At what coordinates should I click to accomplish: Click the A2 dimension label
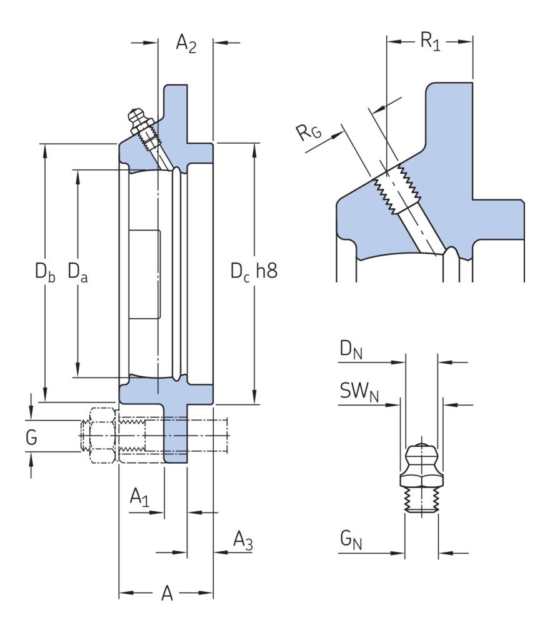point(186,43)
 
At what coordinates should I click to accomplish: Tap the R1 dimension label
point(429,42)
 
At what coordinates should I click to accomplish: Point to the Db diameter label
point(44,272)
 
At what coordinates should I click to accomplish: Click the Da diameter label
point(77,272)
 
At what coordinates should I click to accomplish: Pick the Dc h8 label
point(253,272)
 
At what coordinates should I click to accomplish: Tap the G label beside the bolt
point(31,438)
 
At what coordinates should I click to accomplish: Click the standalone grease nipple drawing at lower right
point(422,479)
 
